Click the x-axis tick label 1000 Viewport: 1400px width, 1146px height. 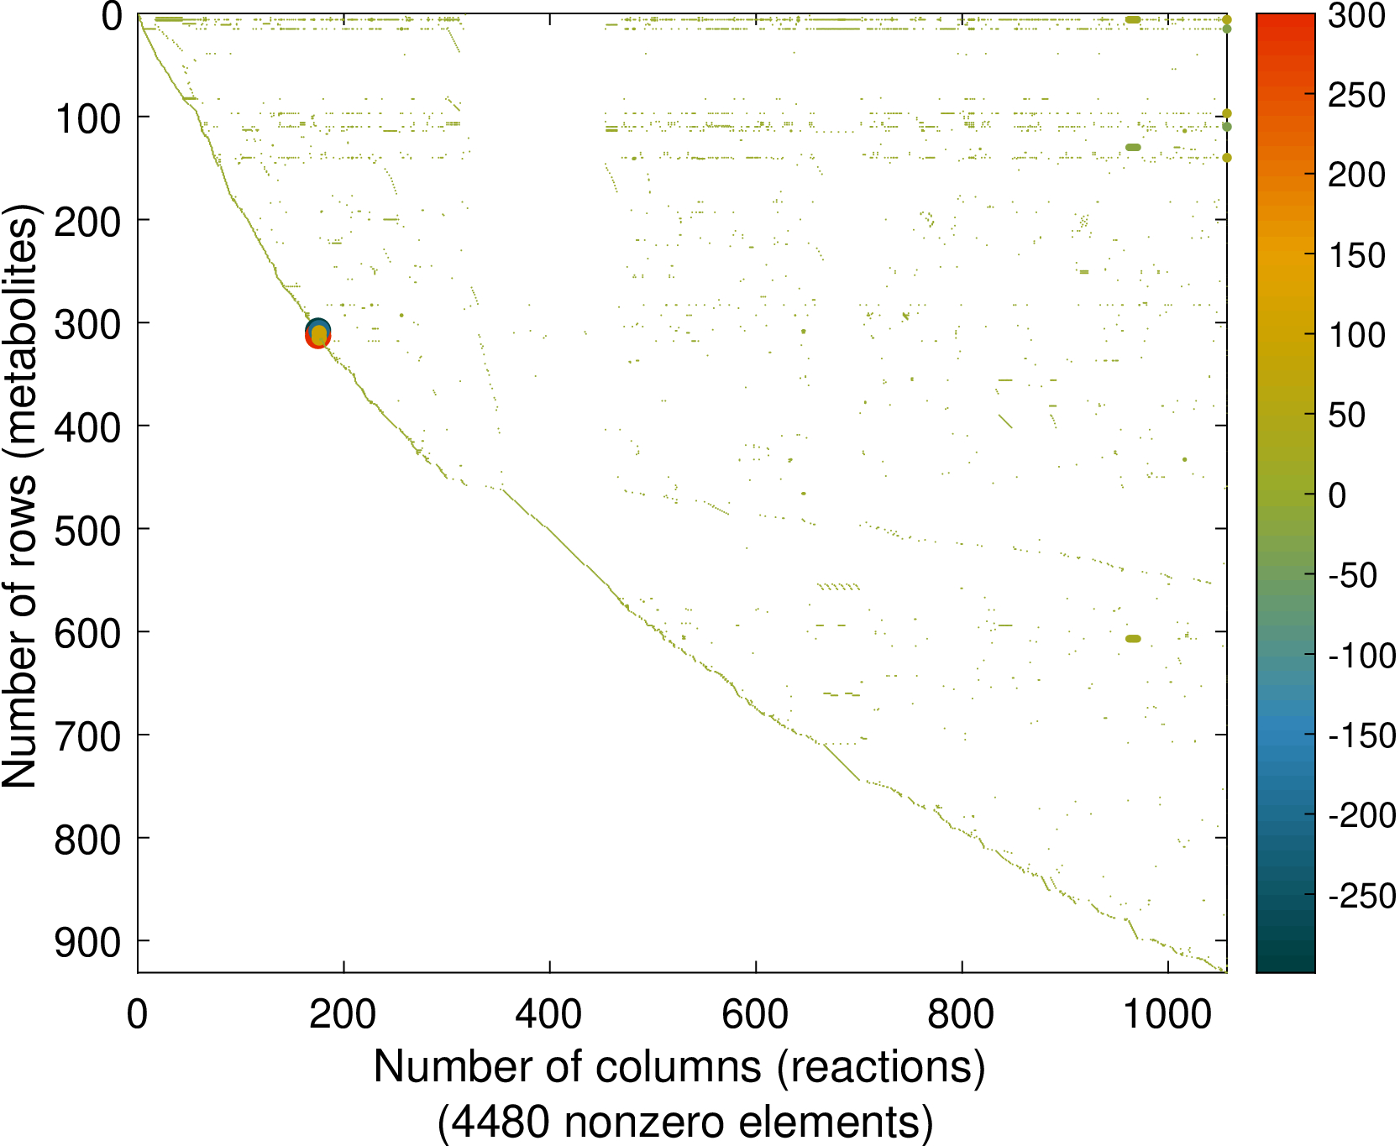click(x=1167, y=1015)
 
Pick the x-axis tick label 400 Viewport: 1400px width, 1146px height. click(x=549, y=1015)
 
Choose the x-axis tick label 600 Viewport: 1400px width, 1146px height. click(x=755, y=1015)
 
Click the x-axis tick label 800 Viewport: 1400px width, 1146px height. click(x=961, y=1015)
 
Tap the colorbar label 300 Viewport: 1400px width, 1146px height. click(x=1356, y=15)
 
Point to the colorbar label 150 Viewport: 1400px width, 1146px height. click(x=1356, y=255)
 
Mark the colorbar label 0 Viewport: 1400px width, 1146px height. click(x=1337, y=495)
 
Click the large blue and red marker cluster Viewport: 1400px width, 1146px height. click(x=317, y=334)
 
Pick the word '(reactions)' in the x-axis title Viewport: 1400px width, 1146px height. click(x=881, y=1068)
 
